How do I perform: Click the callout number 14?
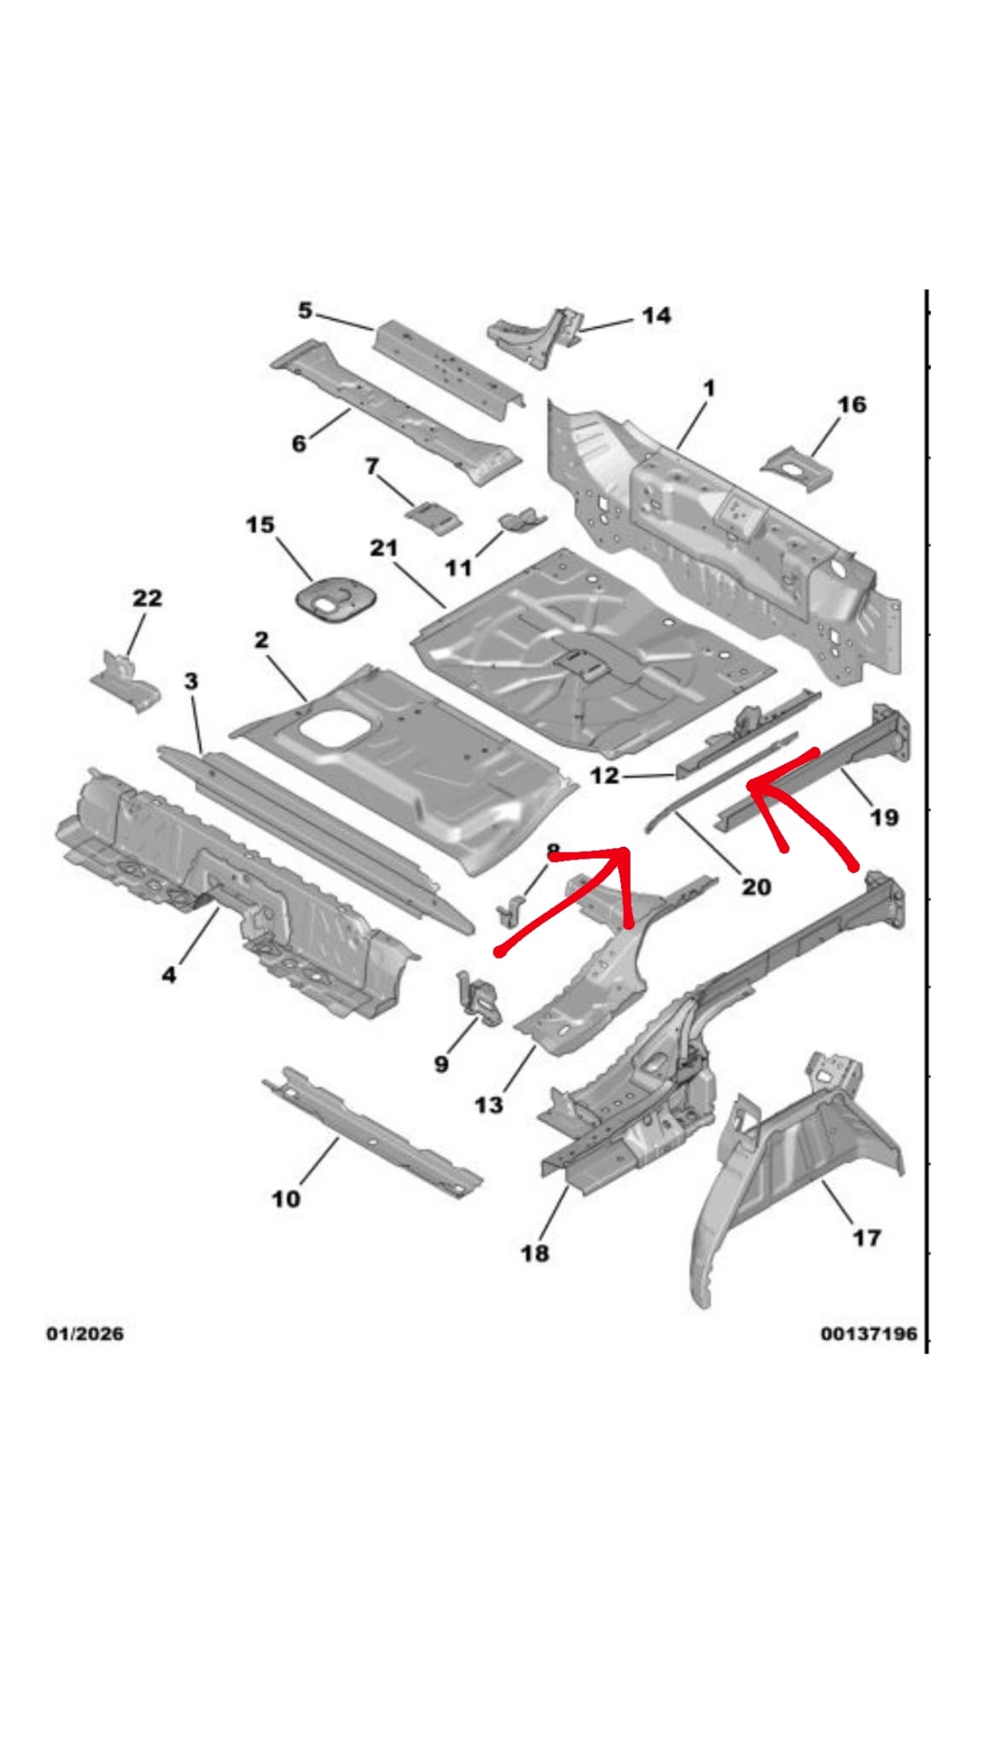[655, 316]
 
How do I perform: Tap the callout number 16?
[852, 405]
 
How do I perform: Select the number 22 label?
[147, 598]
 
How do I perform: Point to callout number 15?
[260, 524]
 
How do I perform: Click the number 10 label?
[286, 1199]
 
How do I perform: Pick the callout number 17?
[866, 1238]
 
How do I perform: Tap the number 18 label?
[535, 1253]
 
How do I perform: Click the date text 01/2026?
[84, 1333]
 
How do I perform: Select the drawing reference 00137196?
[869, 1333]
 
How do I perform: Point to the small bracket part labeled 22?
[125, 680]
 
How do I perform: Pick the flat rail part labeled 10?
[371, 1131]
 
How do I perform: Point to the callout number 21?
[384, 548]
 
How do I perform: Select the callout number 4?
[169, 973]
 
